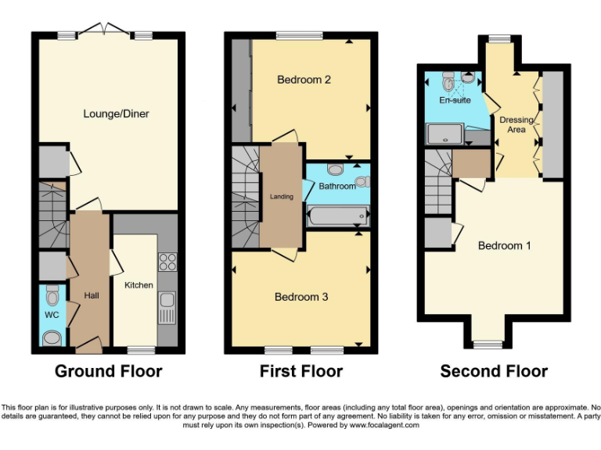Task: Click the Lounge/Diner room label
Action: coord(116,114)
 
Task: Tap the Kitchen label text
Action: coord(139,285)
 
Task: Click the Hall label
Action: coord(92,295)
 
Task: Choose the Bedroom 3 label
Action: coord(301,297)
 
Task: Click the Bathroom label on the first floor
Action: coord(337,186)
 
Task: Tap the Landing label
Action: coord(282,197)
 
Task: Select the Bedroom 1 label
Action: coord(505,245)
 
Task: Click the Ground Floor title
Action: coord(108,371)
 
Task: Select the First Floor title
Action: coord(301,371)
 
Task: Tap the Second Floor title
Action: coord(494,371)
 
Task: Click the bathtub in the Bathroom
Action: coord(336,214)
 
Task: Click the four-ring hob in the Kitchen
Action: coord(168,262)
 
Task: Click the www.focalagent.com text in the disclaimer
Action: coord(383,426)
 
